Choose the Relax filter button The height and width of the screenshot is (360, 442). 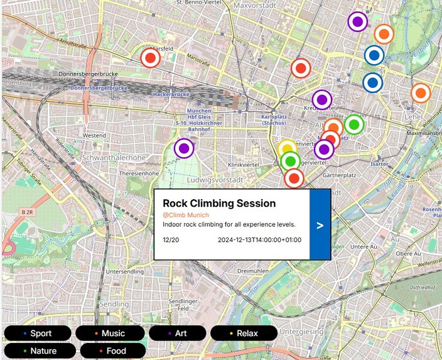[243, 333]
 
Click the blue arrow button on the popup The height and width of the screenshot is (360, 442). [320, 225]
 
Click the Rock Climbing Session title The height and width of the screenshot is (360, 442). [219, 204]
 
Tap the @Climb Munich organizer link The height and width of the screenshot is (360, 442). [186, 215]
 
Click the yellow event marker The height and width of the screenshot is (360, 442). [286, 149]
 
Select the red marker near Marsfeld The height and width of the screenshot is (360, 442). [149, 58]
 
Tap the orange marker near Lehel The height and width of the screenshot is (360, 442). [420, 93]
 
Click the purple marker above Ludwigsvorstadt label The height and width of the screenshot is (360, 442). [184, 149]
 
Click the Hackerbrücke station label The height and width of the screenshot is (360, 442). [171, 94]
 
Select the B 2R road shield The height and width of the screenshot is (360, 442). [27, 213]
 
